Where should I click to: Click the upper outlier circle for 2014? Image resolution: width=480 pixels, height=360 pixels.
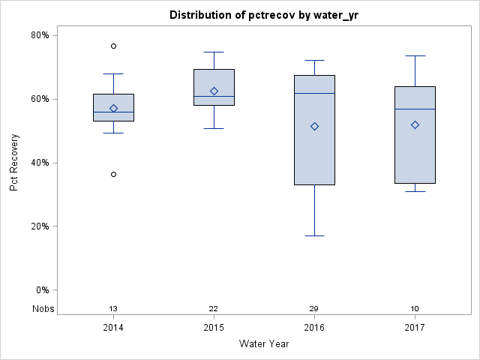pos(113,46)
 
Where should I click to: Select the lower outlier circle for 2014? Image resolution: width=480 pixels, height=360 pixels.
pos(113,174)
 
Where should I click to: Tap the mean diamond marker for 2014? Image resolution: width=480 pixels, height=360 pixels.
pos(113,108)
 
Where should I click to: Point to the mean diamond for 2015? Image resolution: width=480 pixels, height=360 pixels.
pos(214,91)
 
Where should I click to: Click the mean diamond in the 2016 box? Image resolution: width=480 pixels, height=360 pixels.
pos(314,126)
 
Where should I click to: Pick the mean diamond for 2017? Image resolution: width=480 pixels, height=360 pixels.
pos(415,124)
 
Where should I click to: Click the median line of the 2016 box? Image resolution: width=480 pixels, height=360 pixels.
pos(314,93)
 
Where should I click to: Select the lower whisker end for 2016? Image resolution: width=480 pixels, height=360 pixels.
pos(314,235)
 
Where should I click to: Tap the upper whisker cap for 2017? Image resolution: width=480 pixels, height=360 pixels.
pos(415,55)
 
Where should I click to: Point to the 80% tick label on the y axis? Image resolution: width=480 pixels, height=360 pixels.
pos(39,35)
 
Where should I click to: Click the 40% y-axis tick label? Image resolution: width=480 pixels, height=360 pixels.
pos(39,163)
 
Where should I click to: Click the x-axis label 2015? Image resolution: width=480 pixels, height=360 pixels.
pos(214,328)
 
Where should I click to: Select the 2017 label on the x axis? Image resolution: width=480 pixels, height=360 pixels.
pos(415,328)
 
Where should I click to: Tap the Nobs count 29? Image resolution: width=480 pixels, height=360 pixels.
pos(314,308)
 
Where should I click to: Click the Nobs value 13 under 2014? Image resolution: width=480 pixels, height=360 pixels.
pos(113,308)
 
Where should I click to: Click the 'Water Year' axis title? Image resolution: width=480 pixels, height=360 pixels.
pos(264,344)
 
